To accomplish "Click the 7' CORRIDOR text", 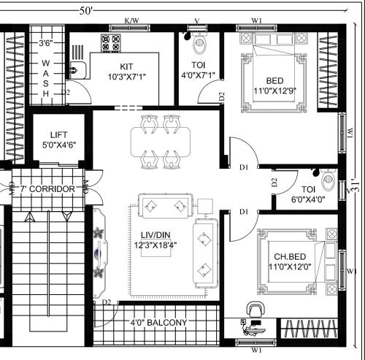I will [47, 189].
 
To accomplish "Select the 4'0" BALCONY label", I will [158, 322].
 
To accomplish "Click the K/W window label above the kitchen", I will [132, 20].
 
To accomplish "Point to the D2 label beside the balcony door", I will [106, 302].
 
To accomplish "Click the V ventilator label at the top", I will [196, 20].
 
